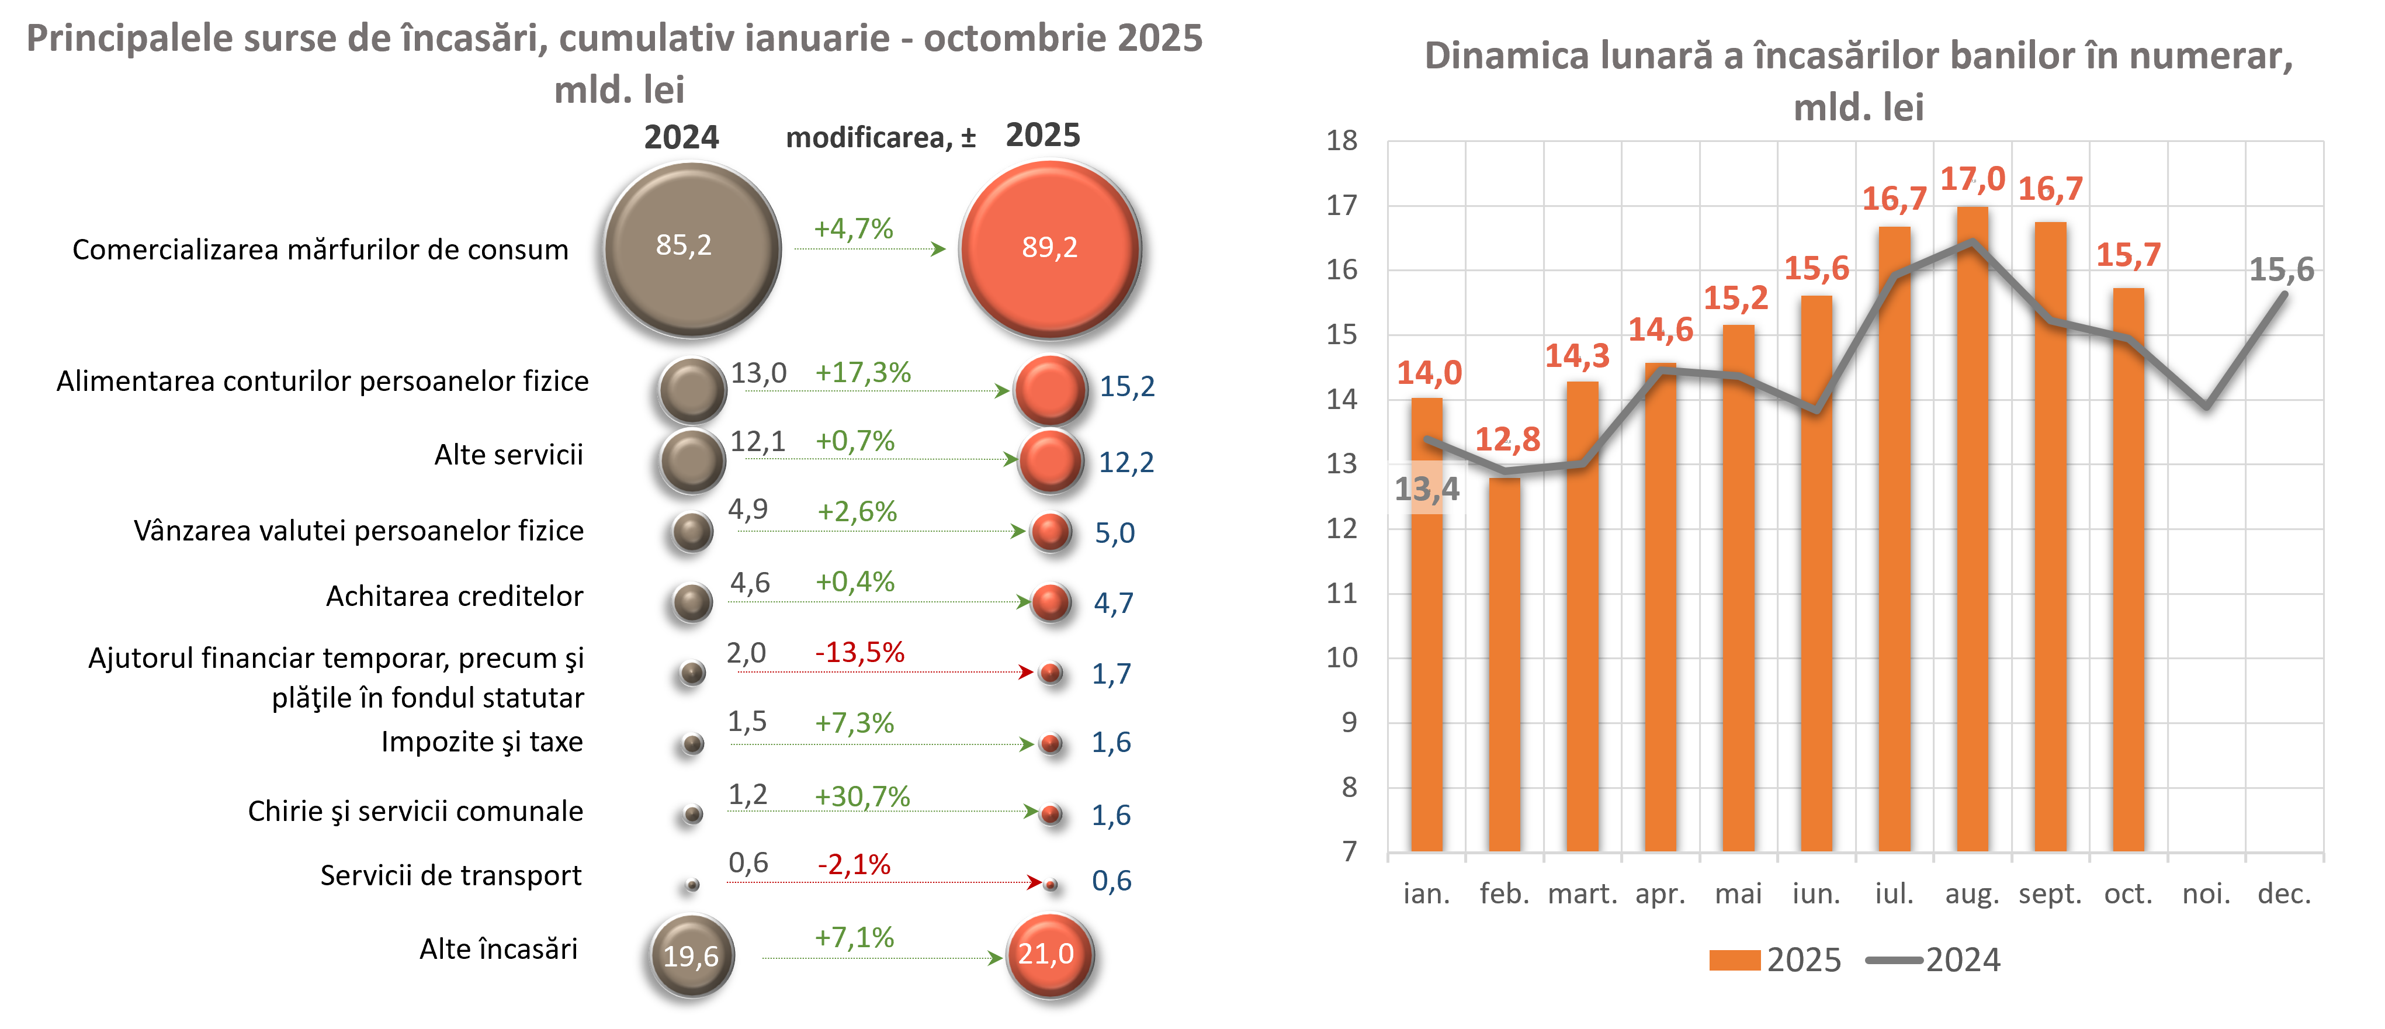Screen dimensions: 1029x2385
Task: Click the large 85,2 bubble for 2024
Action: (x=692, y=248)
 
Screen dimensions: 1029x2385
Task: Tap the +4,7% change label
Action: (x=852, y=229)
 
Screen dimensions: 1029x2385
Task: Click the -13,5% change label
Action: (x=859, y=652)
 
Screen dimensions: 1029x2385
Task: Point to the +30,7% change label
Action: (x=862, y=796)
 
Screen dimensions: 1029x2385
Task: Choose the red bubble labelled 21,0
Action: (x=1049, y=955)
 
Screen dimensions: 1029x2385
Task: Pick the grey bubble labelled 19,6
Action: (x=692, y=955)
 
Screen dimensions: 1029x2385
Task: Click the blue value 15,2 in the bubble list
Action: (x=1126, y=386)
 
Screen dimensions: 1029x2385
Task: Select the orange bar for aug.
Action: (x=1972, y=528)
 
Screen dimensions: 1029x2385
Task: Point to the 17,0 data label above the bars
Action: (x=1972, y=179)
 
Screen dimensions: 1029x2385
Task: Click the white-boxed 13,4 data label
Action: (x=1427, y=488)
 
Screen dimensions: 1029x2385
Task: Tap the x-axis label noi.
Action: (x=2206, y=894)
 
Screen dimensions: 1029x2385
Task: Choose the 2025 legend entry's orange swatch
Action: (x=1734, y=959)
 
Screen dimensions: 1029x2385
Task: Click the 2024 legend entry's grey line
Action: (x=1894, y=959)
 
